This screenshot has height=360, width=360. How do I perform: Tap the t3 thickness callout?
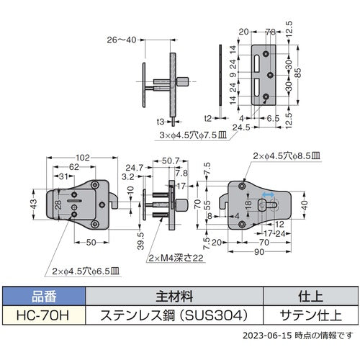coord(163,122)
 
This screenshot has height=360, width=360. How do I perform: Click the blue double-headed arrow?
coord(267,195)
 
